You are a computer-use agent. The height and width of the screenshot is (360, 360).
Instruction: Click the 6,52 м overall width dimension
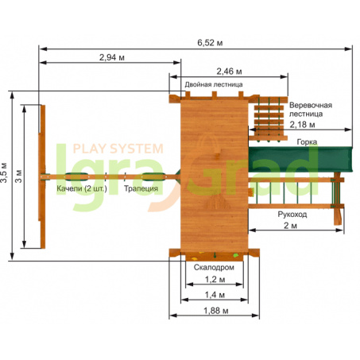point(210,43)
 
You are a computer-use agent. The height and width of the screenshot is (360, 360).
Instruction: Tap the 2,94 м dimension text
point(112,57)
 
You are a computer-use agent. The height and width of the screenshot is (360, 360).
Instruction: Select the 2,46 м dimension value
point(229,72)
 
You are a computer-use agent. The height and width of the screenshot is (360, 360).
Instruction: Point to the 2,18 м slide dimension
point(302,125)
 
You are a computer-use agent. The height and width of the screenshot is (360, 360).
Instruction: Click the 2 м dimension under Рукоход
point(290,226)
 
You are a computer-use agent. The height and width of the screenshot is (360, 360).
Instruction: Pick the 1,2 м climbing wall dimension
point(215,280)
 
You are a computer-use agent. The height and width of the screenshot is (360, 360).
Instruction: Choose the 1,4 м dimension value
point(215,295)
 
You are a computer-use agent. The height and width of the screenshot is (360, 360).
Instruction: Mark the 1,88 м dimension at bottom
point(215,311)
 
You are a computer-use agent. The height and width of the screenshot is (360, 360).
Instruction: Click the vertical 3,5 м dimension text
point(4,172)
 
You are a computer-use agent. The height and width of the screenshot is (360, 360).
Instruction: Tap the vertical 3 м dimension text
point(18,176)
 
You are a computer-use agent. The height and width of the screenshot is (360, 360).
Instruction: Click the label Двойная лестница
point(214,84)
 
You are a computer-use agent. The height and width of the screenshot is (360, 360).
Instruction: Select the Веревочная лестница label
point(311,110)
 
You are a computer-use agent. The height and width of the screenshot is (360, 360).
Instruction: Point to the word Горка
point(307,142)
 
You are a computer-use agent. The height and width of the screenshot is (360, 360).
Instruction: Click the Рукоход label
point(292,215)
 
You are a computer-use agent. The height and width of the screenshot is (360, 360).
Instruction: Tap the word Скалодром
point(214,267)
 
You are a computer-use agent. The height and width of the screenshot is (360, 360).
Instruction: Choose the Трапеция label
point(141,188)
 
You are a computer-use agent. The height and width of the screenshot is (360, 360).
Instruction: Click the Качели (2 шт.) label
point(82,188)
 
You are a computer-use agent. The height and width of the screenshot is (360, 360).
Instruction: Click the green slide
point(300,160)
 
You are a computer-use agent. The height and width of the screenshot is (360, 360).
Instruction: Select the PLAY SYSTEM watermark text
point(118,149)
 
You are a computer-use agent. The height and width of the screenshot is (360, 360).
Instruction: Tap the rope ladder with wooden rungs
point(269,119)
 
